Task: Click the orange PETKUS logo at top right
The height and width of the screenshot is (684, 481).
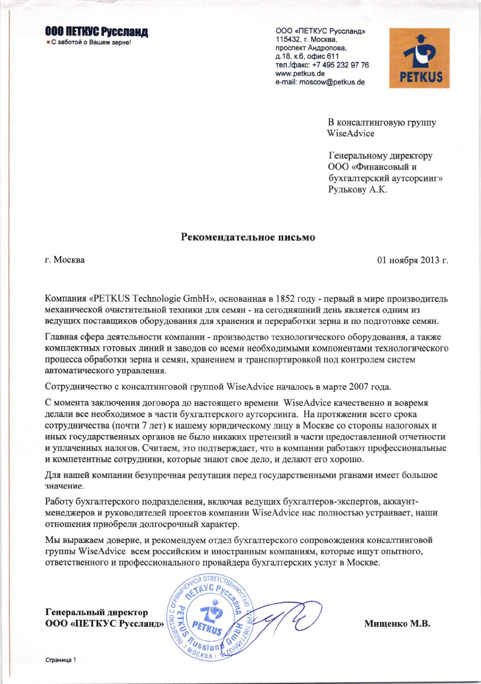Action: tap(420, 58)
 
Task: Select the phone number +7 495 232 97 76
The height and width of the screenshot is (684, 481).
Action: tap(341, 64)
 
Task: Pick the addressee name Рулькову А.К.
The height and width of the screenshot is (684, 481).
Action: tap(358, 190)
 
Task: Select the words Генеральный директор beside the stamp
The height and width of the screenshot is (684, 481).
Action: tap(97, 612)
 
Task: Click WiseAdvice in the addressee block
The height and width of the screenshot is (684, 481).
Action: tap(351, 133)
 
